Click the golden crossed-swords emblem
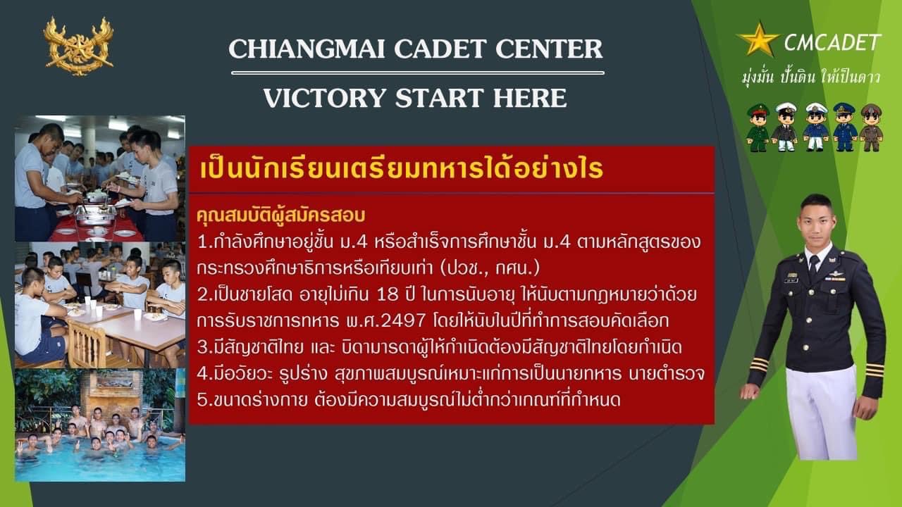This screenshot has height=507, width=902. click(78, 46)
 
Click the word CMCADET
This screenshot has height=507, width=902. click(833, 42)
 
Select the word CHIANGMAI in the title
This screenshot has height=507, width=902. click(307, 49)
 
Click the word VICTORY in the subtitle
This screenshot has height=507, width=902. click(325, 98)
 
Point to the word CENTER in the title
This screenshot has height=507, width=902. click(549, 49)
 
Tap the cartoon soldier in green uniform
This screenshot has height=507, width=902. click(758, 127)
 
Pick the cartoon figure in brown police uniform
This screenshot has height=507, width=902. click(872, 127)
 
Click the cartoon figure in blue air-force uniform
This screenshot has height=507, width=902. click(844, 127)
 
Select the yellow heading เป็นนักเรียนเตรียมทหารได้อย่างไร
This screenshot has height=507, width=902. click(402, 169)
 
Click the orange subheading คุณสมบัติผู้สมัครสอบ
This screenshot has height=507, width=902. click(281, 216)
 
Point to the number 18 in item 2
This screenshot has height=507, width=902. click(387, 295)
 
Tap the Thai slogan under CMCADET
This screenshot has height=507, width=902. click(810, 77)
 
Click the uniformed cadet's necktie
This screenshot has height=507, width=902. click(814, 267)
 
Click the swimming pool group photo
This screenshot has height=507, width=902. click(100, 425)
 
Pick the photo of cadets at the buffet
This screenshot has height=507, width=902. click(100, 179)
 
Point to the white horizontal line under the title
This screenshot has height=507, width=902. click(418, 73)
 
